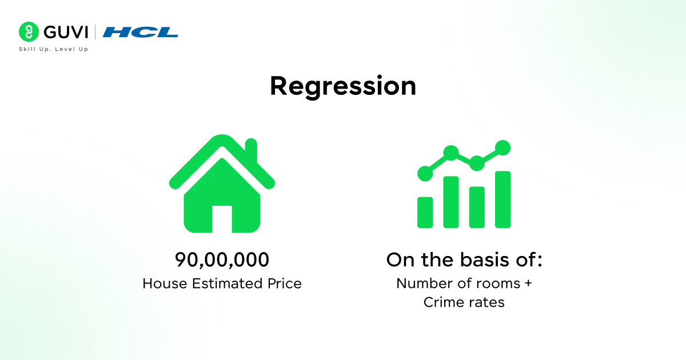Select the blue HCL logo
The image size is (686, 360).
tap(141, 32)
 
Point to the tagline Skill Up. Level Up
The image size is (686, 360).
tap(54, 49)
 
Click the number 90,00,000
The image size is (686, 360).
tap(222, 260)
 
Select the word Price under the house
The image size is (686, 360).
tap(282, 283)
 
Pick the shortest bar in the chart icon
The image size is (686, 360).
tap(425, 212)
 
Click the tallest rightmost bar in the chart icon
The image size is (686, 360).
tap(502, 199)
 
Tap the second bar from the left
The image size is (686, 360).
tap(451, 202)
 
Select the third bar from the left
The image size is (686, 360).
tap(477, 207)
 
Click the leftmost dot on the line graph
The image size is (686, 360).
tap(425, 173)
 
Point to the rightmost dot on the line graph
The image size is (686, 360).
tap(502, 147)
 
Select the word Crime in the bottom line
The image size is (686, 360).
tap(444, 302)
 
